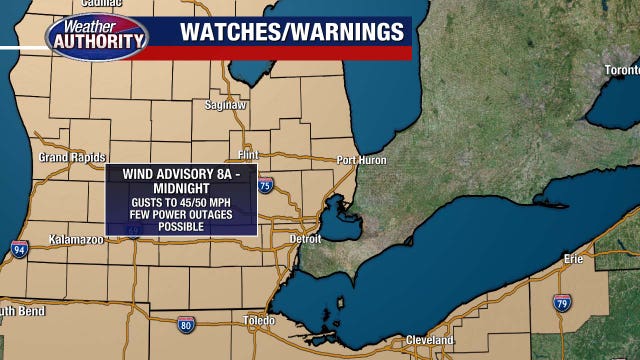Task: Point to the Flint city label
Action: [247, 155]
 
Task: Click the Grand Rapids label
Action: [67, 158]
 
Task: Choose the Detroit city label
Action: [305, 239]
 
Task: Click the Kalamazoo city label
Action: [77, 240]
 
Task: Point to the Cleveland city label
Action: [430, 340]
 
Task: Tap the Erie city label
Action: [572, 258]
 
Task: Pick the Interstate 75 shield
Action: [264, 185]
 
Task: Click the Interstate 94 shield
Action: [19, 250]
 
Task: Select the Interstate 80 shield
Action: [186, 325]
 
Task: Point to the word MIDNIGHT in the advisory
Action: [180, 188]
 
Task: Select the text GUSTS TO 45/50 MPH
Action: [180, 203]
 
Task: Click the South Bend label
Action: [18, 310]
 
